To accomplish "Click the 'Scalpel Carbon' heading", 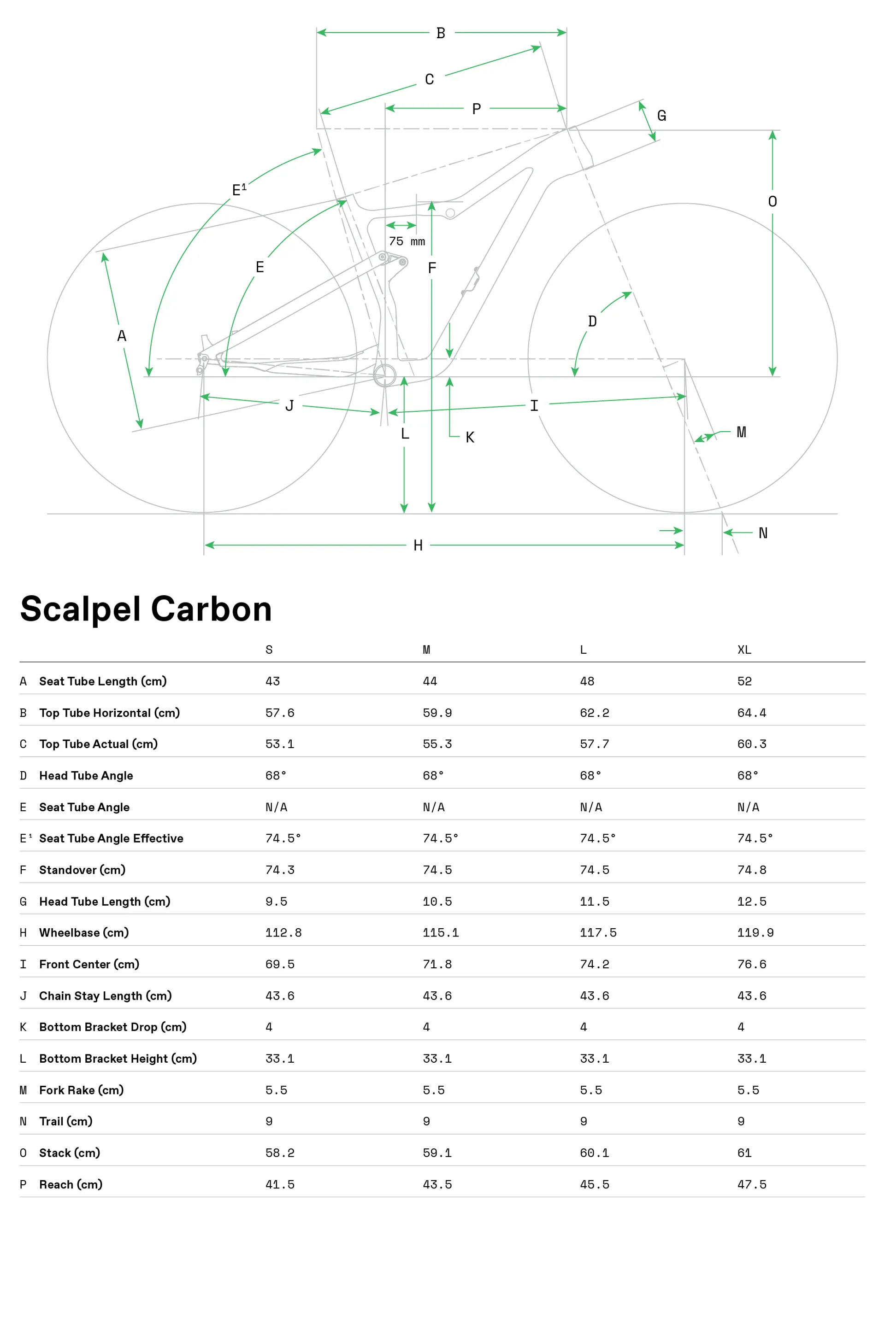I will click(146, 609).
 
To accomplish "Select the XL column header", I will click(744, 650).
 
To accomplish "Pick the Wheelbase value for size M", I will click(440, 933).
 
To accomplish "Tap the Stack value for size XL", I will click(744, 1153).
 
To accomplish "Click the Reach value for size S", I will click(279, 1184).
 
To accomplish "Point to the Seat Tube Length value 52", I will click(744, 681).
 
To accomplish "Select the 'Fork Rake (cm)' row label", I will click(81, 1090).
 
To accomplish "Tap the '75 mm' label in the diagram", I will click(407, 241).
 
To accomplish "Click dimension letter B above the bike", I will click(441, 33).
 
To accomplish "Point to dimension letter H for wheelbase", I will click(418, 545).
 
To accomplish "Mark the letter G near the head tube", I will click(661, 116).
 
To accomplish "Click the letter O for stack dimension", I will click(772, 201).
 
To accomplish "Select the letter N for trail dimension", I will click(762, 533).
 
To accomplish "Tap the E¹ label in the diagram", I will click(239, 189).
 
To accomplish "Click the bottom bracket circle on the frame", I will click(385, 375).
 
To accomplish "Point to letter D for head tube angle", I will click(592, 322).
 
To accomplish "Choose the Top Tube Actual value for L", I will click(594, 744).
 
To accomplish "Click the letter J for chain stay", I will click(289, 405).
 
